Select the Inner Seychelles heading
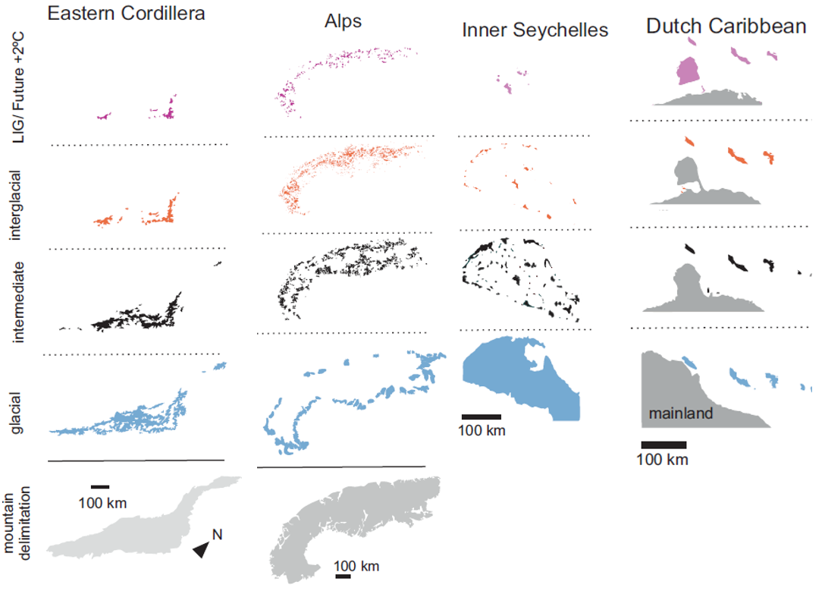pyautogui.click(x=535, y=31)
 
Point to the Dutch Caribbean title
pyautogui.click(x=726, y=26)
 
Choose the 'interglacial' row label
pyautogui.click(x=17, y=205)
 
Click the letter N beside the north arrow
pyautogui.click(x=216, y=535)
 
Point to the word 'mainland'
pyautogui.click(x=680, y=414)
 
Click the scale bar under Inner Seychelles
pyautogui.click(x=481, y=417)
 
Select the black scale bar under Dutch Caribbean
pyautogui.click(x=663, y=445)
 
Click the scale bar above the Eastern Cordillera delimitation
pyautogui.click(x=100, y=486)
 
